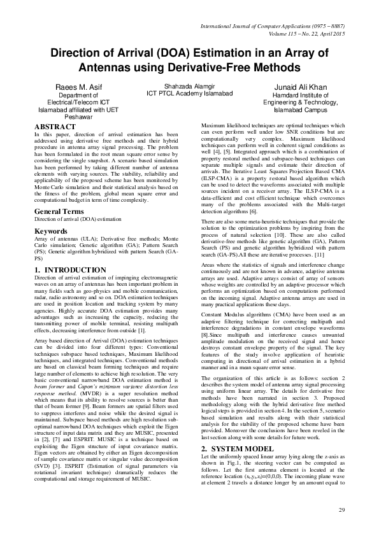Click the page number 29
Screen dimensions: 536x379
pos(341,511)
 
